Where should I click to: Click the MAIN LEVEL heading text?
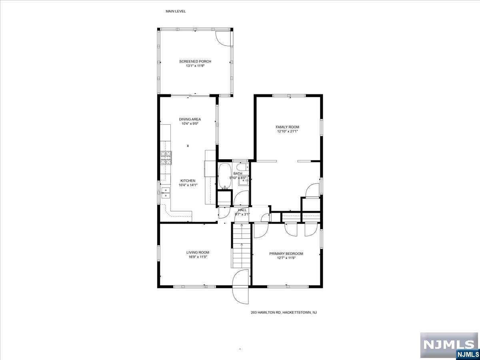176,11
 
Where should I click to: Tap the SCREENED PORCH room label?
195,62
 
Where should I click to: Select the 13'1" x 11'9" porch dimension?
195,66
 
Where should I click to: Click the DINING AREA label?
190,119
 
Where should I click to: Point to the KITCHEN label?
188,180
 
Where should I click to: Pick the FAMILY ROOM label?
287,127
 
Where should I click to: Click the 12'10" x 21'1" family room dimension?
287,131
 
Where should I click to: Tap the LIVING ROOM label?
198,252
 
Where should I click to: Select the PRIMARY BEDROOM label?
286,254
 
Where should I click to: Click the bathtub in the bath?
224,176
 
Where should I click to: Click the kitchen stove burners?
166,158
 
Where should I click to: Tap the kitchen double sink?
166,193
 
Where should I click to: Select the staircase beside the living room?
241,246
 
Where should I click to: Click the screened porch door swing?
223,38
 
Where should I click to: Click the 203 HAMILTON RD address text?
284,312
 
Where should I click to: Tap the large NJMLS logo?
449,345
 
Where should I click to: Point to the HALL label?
242,210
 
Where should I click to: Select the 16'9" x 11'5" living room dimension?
198,257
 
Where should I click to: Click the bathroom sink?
243,180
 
